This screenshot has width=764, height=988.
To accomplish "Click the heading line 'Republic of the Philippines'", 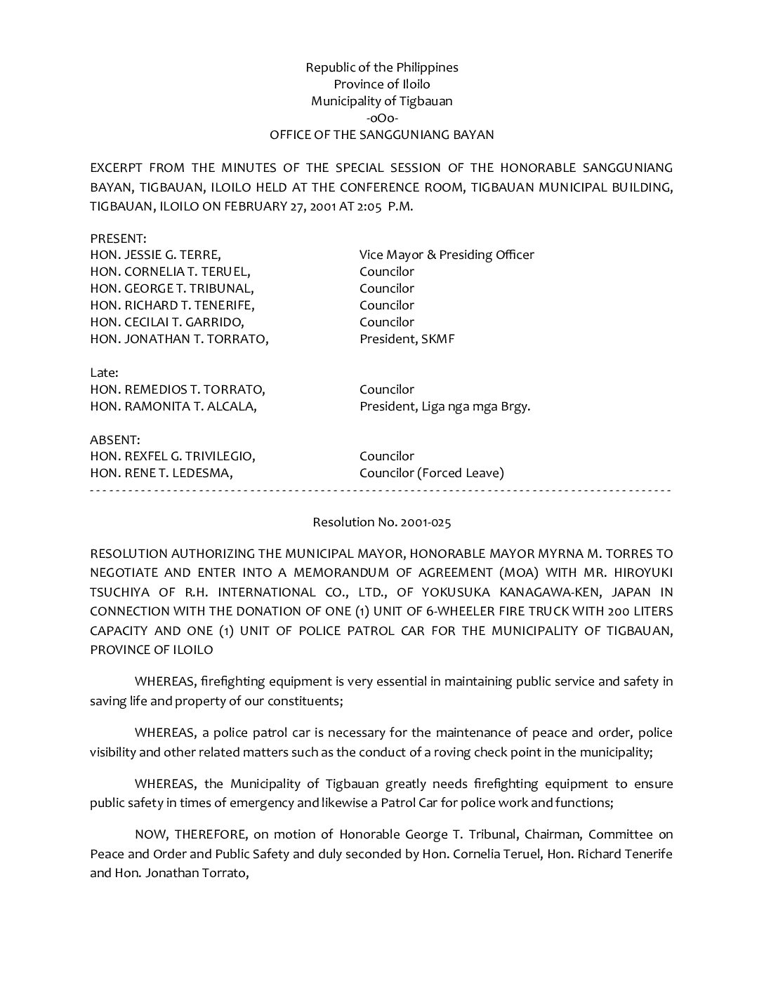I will tap(381, 67).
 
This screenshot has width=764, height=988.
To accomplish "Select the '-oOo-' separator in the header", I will tap(381, 118).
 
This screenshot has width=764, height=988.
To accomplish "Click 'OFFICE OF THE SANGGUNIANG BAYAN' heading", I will tap(381, 135).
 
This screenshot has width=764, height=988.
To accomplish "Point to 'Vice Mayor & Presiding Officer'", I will tap(447, 255).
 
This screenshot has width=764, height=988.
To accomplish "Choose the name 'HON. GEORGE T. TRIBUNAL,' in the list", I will tap(172, 288).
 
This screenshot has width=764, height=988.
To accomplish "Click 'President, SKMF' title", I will tap(407, 339).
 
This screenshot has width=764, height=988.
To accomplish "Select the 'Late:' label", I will tap(104, 373).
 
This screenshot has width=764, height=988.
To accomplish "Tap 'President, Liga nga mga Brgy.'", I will tap(444, 406).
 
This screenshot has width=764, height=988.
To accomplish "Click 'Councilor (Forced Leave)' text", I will tap(431, 473).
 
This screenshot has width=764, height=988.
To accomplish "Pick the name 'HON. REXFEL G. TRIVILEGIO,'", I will tap(173, 456).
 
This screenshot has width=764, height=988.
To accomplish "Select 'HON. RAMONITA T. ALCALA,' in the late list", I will tap(173, 406).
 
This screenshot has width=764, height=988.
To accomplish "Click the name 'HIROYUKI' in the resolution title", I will tap(645, 573).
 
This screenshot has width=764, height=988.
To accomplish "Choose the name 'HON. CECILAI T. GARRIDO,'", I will tap(167, 322).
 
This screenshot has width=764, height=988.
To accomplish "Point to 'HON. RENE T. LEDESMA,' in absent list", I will tap(162, 473).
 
